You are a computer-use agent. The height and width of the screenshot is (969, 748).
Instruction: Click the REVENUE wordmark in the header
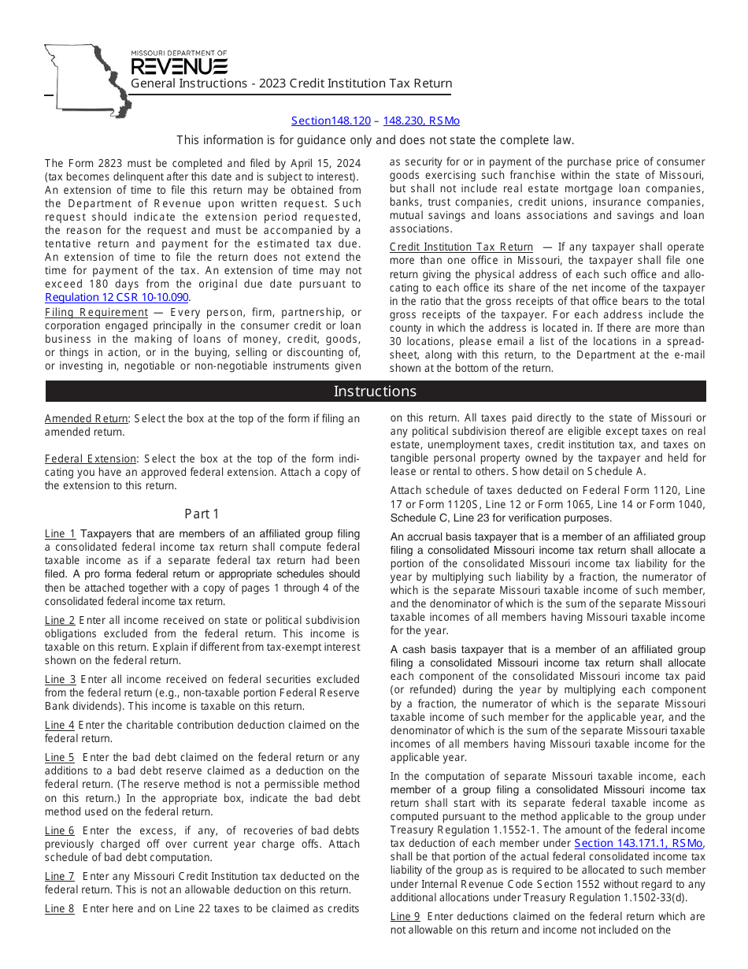tap(179, 66)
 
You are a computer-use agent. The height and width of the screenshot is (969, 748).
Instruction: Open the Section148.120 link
tap(331, 121)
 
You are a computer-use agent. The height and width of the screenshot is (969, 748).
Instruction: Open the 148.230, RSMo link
tap(421, 121)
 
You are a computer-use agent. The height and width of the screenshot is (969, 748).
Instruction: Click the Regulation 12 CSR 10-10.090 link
tap(117, 297)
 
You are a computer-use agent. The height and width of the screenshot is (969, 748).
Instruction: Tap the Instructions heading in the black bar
tap(375, 392)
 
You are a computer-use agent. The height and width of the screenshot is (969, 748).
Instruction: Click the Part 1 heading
tap(202, 514)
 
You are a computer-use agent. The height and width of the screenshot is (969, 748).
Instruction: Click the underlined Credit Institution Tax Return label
tap(461, 247)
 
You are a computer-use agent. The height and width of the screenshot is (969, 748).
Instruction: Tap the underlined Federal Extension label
tap(91, 459)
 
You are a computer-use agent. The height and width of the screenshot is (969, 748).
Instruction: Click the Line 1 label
tap(60, 534)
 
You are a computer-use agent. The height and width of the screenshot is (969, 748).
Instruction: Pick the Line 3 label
tap(60, 679)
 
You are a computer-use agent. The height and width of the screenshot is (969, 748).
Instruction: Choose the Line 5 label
tap(60, 757)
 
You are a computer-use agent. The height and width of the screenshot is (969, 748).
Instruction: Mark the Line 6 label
tap(60, 830)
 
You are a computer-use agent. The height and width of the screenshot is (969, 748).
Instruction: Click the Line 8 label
tap(60, 908)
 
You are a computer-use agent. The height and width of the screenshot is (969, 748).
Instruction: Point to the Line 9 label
tap(405, 916)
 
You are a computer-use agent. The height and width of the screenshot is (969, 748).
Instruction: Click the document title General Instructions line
tap(291, 84)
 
